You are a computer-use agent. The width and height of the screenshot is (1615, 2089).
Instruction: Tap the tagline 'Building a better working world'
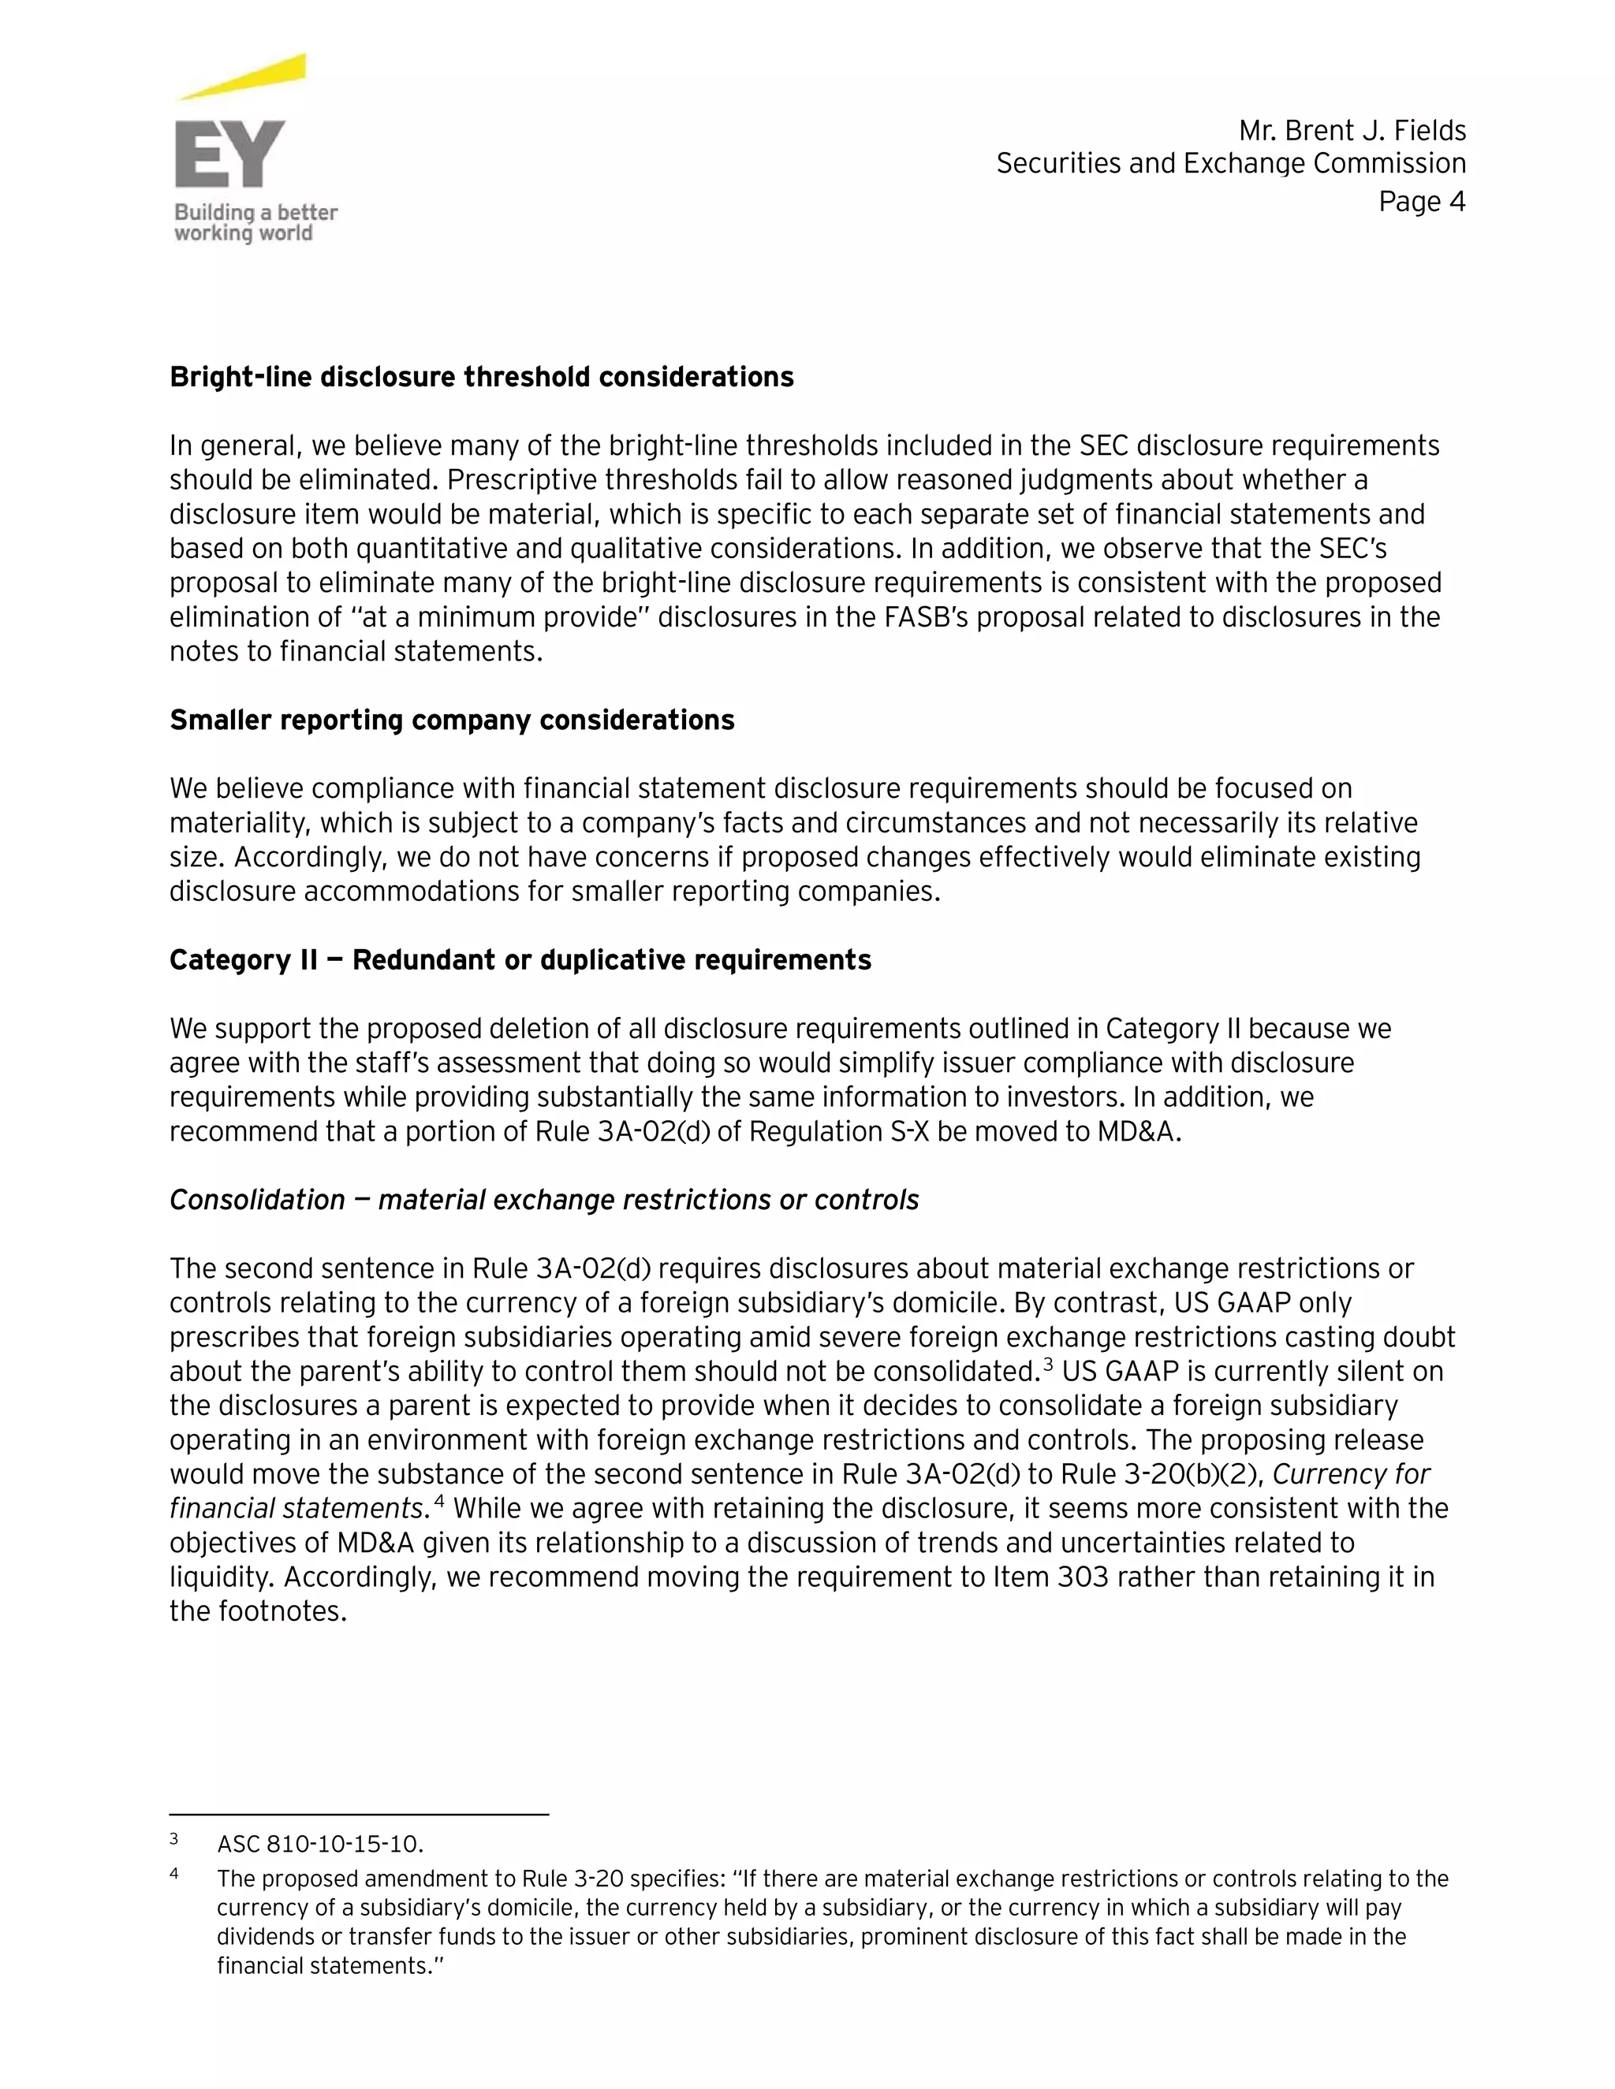(255, 223)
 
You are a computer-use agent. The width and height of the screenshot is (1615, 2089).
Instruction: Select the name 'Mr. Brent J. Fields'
(1352, 130)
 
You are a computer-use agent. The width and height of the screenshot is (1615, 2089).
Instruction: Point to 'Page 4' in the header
(1422, 202)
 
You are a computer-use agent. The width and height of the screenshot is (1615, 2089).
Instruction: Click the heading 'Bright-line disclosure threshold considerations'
(481, 377)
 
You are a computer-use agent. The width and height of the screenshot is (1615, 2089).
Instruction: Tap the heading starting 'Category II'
(520, 959)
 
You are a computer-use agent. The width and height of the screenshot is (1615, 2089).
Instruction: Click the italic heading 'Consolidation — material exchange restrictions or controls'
(543, 1200)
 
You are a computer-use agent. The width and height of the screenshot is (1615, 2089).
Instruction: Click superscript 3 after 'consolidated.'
(1048, 1363)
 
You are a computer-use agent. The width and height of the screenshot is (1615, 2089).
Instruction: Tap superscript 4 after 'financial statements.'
(439, 1500)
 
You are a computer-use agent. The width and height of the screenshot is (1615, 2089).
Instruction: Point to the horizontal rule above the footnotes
(359, 1814)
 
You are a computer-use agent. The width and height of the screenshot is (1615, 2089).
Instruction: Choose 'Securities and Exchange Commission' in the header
(1230, 163)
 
